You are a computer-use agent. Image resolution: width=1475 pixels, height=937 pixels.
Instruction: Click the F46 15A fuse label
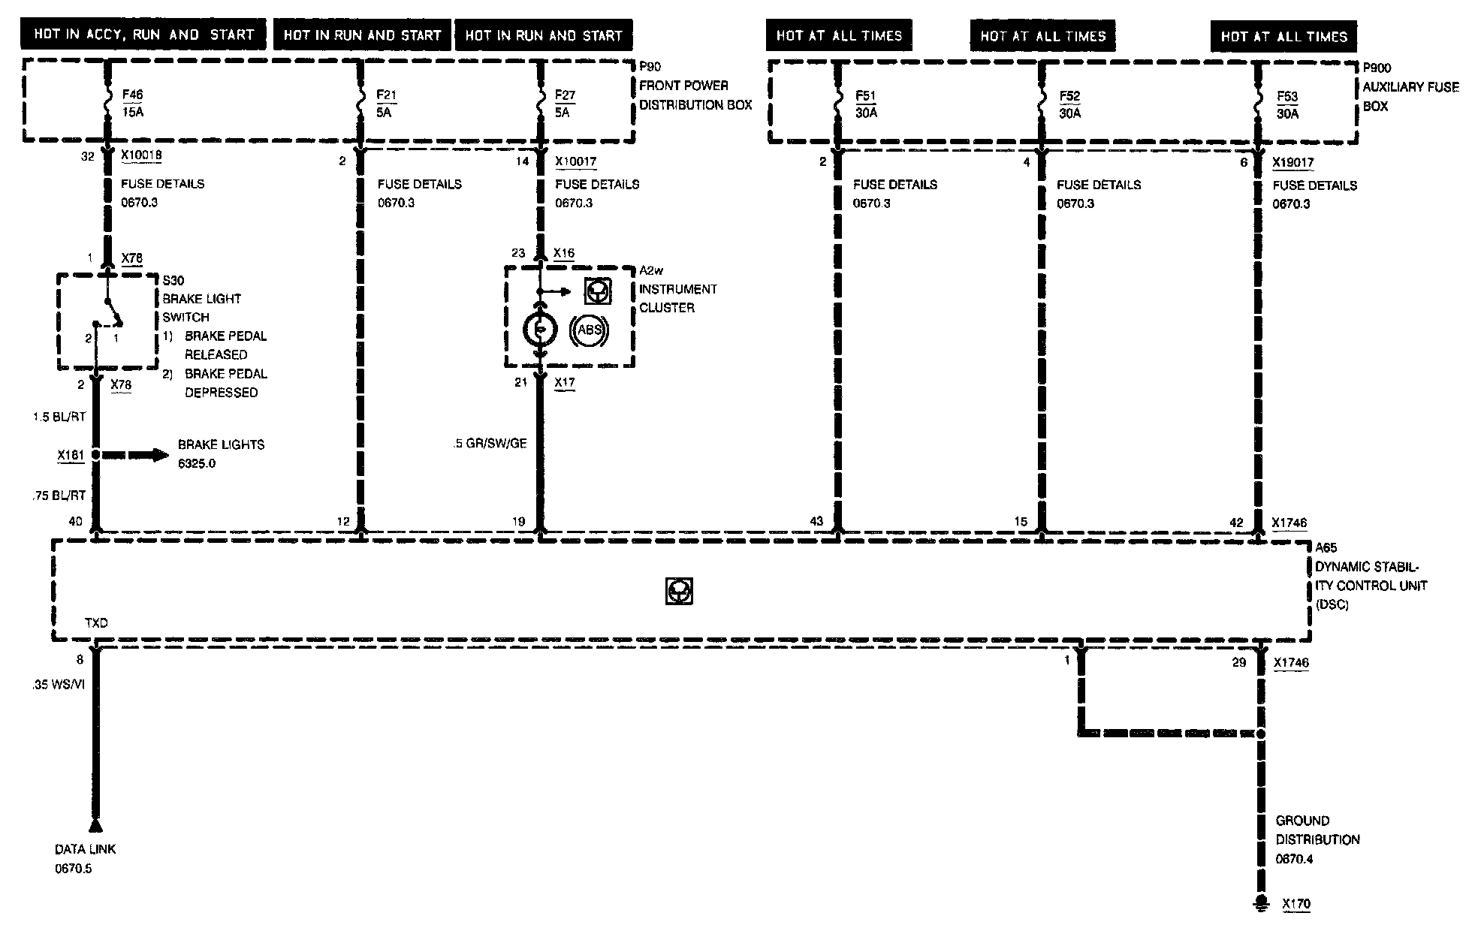[x=132, y=104]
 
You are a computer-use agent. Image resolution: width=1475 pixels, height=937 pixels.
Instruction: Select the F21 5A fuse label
[x=386, y=104]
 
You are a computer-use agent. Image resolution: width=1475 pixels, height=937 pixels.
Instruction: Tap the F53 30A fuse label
[x=1287, y=105]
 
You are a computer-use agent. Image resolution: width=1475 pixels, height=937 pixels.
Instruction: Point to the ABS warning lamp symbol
[x=590, y=330]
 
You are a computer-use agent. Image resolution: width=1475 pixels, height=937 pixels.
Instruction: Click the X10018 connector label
[x=141, y=155]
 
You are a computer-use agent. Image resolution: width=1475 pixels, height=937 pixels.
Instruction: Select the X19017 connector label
[x=1293, y=162]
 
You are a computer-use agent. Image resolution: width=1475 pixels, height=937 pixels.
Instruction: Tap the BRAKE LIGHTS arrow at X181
[x=135, y=455]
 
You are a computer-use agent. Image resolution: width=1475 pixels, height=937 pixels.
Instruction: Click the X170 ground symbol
[x=1262, y=903]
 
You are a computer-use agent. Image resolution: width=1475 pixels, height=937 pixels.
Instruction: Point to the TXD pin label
[x=96, y=623]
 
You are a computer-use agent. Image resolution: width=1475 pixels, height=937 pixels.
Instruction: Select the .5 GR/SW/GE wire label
[x=490, y=444]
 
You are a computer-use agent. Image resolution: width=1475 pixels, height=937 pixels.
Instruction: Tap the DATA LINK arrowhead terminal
[x=95, y=825]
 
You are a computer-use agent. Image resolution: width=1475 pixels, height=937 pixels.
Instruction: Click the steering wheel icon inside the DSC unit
[x=679, y=592]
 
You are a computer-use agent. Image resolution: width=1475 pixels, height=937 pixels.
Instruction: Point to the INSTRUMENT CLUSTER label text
[x=677, y=298]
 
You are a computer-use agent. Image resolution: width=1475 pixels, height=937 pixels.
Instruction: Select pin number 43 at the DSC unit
[x=816, y=521]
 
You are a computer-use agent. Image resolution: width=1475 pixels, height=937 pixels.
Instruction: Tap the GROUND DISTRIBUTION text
[x=1317, y=830]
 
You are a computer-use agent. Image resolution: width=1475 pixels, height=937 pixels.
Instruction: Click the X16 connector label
[x=563, y=253]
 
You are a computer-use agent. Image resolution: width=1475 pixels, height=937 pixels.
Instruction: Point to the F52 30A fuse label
[x=1069, y=104]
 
